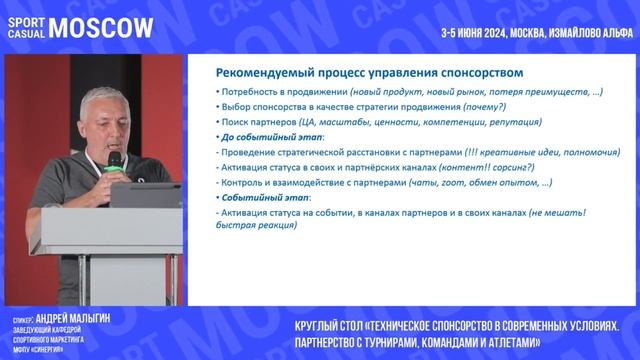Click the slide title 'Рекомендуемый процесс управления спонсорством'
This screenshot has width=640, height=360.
tap(370, 73)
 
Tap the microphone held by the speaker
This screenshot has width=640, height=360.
tap(114, 159)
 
